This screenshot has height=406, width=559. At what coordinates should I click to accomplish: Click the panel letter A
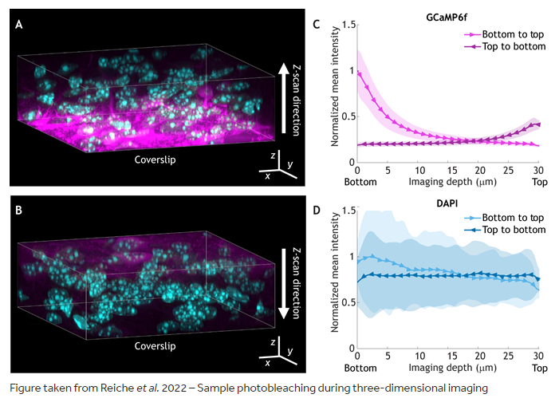click(19, 26)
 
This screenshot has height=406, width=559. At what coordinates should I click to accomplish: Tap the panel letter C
click(317, 25)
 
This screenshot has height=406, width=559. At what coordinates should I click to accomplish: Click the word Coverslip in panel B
click(155, 346)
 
